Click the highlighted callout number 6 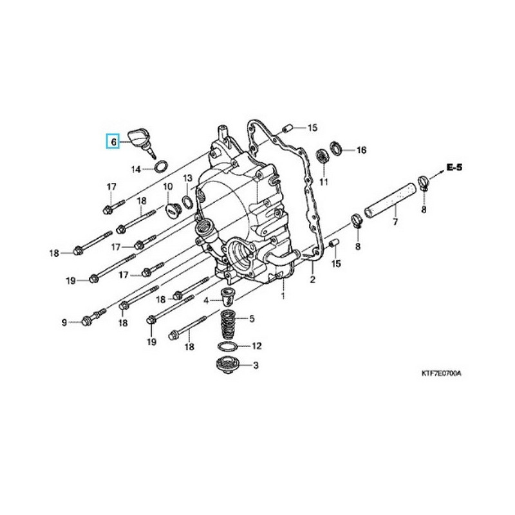[x=113, y=140]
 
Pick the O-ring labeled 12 [x=227, y=346]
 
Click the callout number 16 [x=360, y=150]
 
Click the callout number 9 [x=64, y=322]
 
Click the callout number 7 [x=395, y=222]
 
